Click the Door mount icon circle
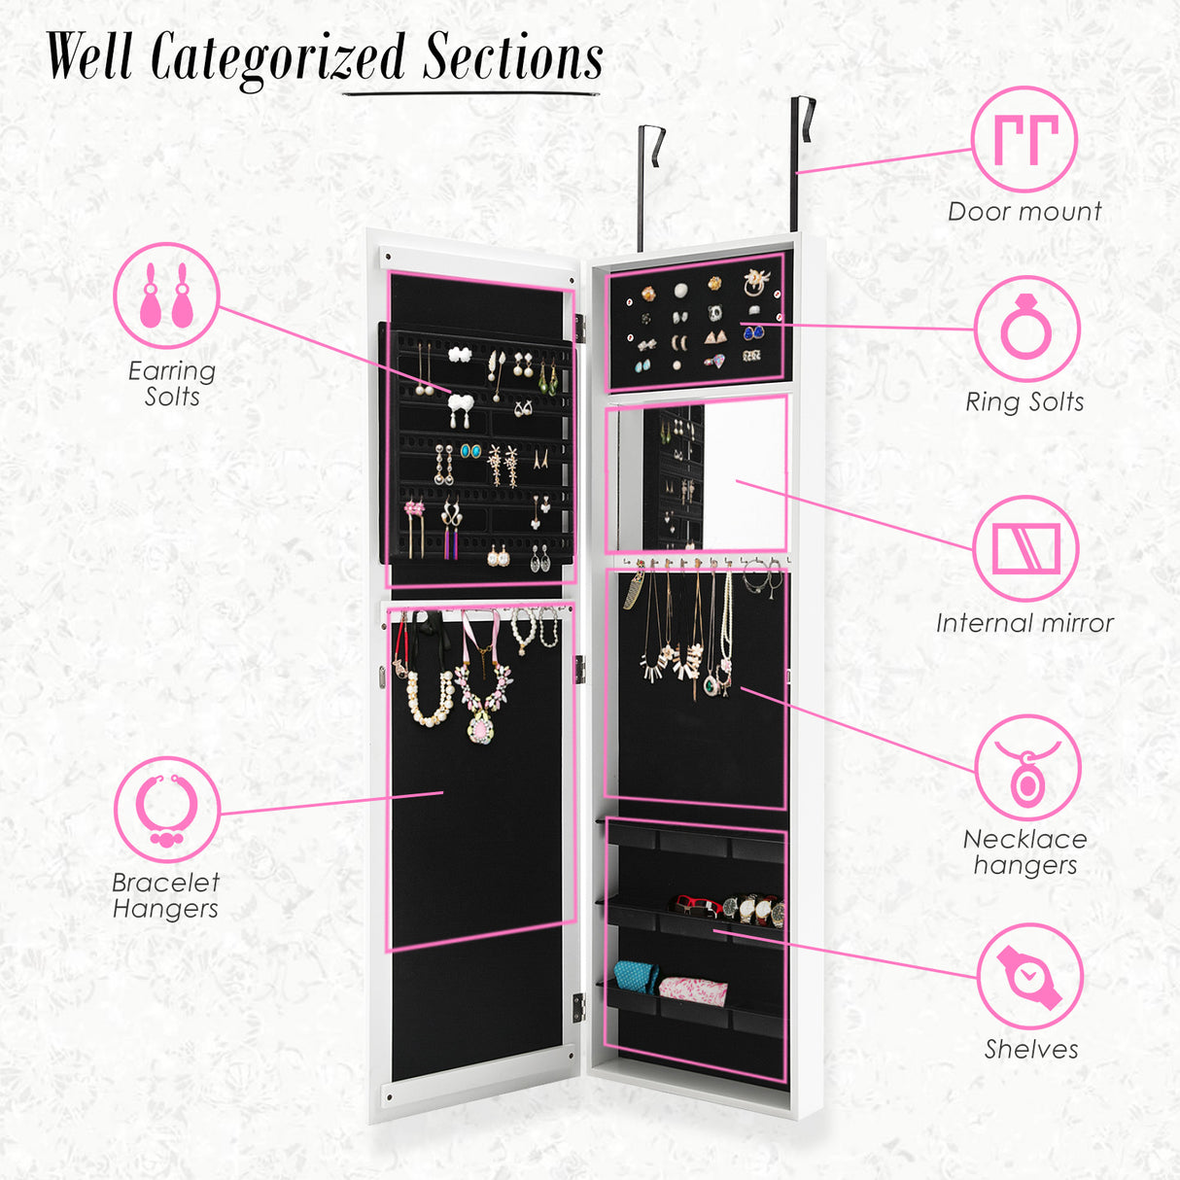click(1024, 140)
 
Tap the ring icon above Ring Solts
click(1026, 329)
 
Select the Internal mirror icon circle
click(1025, 549)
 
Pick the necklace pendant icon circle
click(1026, 768)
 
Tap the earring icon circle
click(166, 295)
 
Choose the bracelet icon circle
click(166, 809)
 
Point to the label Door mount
click(1024, 212)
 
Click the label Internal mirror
click(1024, 624)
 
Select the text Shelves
click(1030, 1050)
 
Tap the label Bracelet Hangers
click(165, 895)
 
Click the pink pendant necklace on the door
click(481, 700)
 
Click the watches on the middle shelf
click(750, 909)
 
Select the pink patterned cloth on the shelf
click(693, 990)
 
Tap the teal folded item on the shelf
click(637, 975)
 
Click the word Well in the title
click(89, 58)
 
